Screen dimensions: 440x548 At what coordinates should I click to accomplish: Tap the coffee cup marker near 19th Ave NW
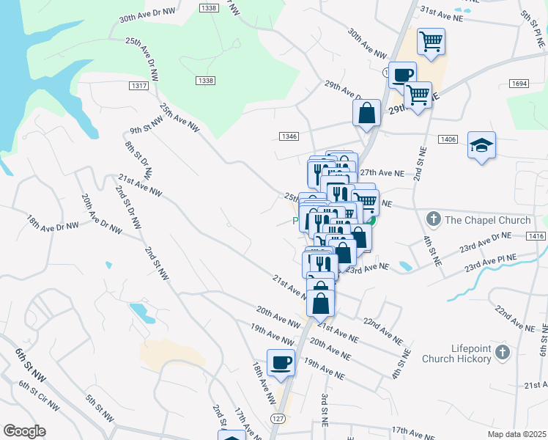click(x=281, y=362)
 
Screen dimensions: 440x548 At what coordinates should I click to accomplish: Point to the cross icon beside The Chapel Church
click(x=433, y=219)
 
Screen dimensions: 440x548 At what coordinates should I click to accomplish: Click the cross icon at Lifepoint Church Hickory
click(x=502, y=353)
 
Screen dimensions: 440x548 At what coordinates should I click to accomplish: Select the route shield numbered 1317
click(x=138, y=87)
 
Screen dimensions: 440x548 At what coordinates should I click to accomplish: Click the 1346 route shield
click(x=289, y=136)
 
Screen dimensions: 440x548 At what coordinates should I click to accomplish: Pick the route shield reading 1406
click(x=448, y=139)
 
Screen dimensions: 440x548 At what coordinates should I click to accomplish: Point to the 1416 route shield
click(x=535, y=235)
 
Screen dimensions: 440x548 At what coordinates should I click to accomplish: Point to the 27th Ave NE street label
click(x=382, y=172)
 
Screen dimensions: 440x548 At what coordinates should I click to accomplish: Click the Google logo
click(x=24, y=431)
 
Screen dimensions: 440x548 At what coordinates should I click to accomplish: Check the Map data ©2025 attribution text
click(x=516, y=434)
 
